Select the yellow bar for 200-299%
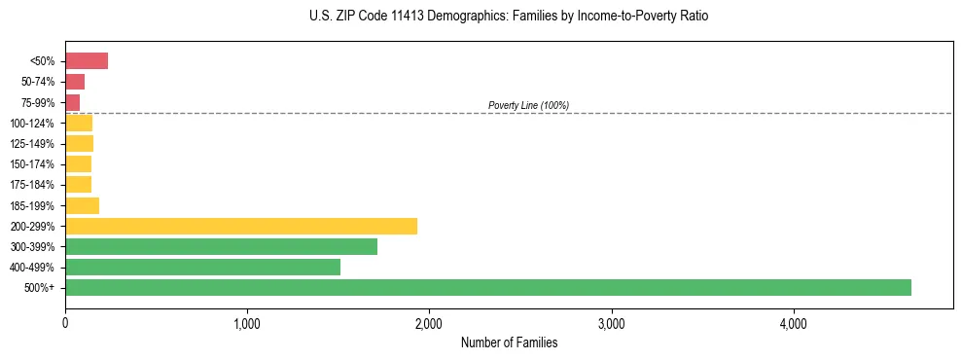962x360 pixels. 241,226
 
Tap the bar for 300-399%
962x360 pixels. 221,246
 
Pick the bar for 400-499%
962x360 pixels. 202,267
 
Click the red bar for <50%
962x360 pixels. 87,61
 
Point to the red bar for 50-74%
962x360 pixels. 75,82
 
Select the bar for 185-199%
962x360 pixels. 82,205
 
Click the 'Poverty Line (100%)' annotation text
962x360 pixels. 528,105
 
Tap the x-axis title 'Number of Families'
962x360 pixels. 509,342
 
